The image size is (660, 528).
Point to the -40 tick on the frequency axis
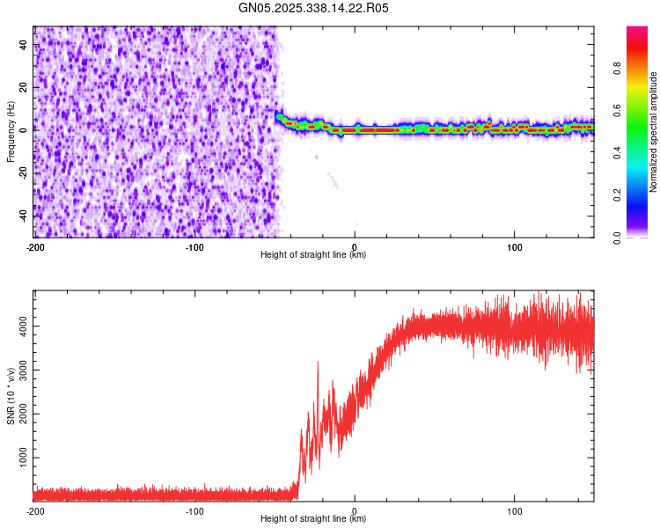tap(22, 216)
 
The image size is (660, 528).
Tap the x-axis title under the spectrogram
tap(313, 255)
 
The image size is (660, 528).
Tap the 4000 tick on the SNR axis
tap(19, 326)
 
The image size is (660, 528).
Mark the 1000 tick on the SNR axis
tap(19, 458)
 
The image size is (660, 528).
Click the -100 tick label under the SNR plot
tap(194, 511)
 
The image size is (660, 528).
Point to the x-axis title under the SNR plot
tap(313, 519)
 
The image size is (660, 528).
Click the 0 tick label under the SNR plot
tap(355, 511)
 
